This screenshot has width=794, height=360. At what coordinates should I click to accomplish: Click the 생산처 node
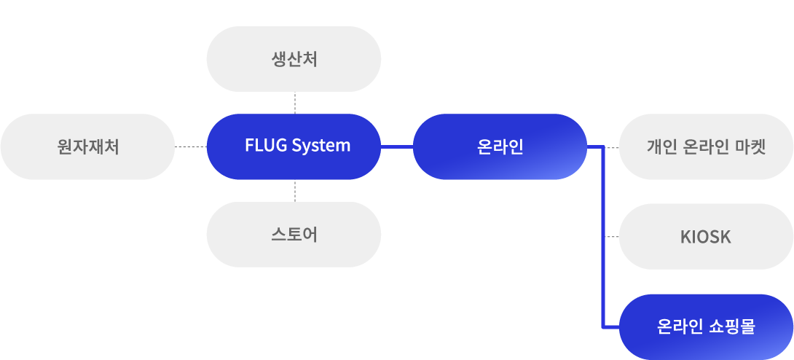coord(294,59)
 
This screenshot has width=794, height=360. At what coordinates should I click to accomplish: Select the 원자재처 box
coord(87,146)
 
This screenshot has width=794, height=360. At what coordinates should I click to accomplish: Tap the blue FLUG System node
coord(294,146)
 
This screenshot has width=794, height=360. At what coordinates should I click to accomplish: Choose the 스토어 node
coord(294,235)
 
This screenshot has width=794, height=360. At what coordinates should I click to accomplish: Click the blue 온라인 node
coord(500,146)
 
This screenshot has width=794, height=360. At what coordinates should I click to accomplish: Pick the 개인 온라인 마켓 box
coord(706,146)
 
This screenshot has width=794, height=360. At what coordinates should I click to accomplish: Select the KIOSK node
coord(706,237)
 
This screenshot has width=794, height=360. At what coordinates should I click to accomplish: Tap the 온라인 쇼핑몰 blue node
coord(706,326)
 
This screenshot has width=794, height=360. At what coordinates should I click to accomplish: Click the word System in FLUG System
coord(321,146)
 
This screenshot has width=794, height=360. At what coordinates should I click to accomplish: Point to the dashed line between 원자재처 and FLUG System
coord(191,147)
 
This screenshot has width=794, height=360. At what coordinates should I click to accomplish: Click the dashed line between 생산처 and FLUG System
coord(294,103)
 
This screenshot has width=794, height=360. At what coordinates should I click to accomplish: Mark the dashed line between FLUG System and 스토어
coord(294,191)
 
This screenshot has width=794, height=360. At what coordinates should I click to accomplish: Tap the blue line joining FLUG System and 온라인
coord(397,147)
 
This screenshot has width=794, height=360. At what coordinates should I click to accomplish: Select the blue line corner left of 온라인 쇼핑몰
coord(605,326)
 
